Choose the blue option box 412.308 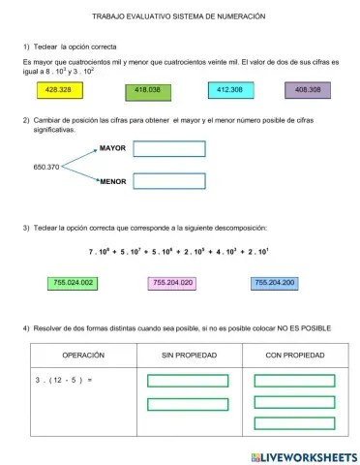[x=229, y=90]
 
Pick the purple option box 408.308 [x=308, y=90]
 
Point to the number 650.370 [x=46, y=166]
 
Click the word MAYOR [x=113, y=149]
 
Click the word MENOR [x=113, y=181]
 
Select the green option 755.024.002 [x=74, y=282]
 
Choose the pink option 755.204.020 [x=173, y=282]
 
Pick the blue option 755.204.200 [x=274, y=282]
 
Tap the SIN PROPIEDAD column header [x=189, y=356]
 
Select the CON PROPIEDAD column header [x=295, y=356]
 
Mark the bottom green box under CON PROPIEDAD [x=294, y=422]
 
